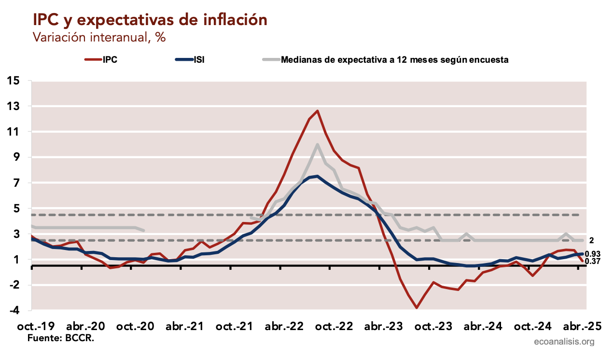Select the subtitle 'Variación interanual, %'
(99, 37)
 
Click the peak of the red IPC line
(317, 111)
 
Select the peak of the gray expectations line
(317, 144)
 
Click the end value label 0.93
(592, 254)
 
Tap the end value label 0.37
(592, 262)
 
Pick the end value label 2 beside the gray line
(592, 240)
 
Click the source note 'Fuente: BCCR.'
(61, 338)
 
